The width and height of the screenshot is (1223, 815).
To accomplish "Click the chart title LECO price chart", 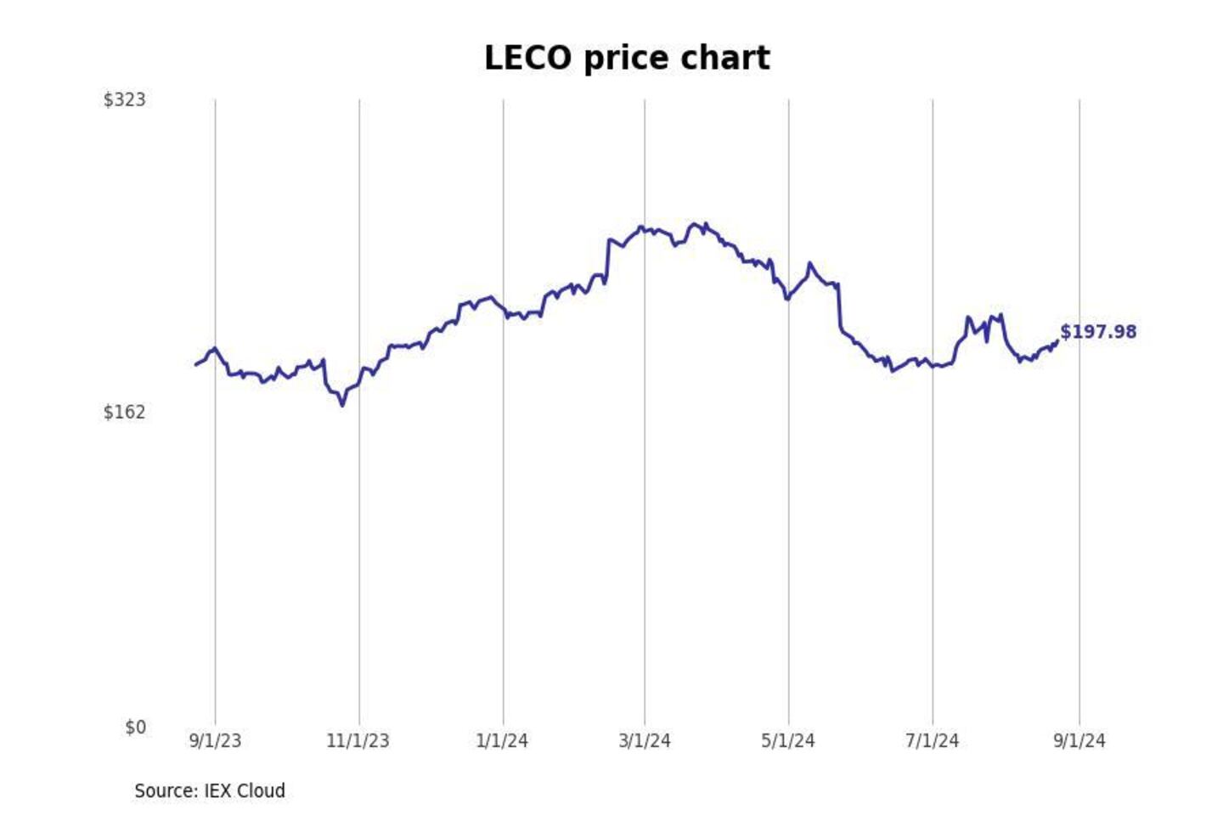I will [x=627, y=59].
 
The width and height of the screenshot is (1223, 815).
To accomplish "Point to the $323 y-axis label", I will [x=125, y=100].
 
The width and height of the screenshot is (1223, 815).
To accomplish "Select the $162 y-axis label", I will [x=125, y=413].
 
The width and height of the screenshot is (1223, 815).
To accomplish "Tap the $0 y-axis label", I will [x=136, y=728].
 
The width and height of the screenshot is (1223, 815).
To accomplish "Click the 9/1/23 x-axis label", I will [x=215, y=741].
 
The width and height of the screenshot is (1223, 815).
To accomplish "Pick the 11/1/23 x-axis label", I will [x=358, y=741].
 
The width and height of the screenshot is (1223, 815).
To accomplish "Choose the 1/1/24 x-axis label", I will [x=502, y=741].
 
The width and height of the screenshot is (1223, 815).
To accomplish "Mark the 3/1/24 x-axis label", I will [x=645, y=741].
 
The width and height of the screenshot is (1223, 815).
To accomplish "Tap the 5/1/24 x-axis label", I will [x=788, y=741].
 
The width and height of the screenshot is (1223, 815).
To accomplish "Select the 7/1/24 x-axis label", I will [x=933, y=741].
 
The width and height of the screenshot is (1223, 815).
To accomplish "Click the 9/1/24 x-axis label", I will [x=1079, y=741].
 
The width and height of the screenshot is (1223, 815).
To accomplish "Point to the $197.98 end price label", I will [x=1098, y=332].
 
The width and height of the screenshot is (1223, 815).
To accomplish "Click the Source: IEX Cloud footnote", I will [x=210, y=791].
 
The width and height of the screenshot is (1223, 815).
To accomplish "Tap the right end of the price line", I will [x=1057, y=341].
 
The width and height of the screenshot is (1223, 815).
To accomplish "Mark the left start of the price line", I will [x=196, y=365].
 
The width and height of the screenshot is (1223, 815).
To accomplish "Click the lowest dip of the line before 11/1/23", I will [x=343, y=405].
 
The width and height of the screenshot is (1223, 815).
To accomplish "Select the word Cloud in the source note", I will [x=261, y=791].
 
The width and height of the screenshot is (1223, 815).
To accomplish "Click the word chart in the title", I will [x=732, y=59].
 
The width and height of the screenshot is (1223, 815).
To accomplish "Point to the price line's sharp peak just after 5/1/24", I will [x=809, y=264].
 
